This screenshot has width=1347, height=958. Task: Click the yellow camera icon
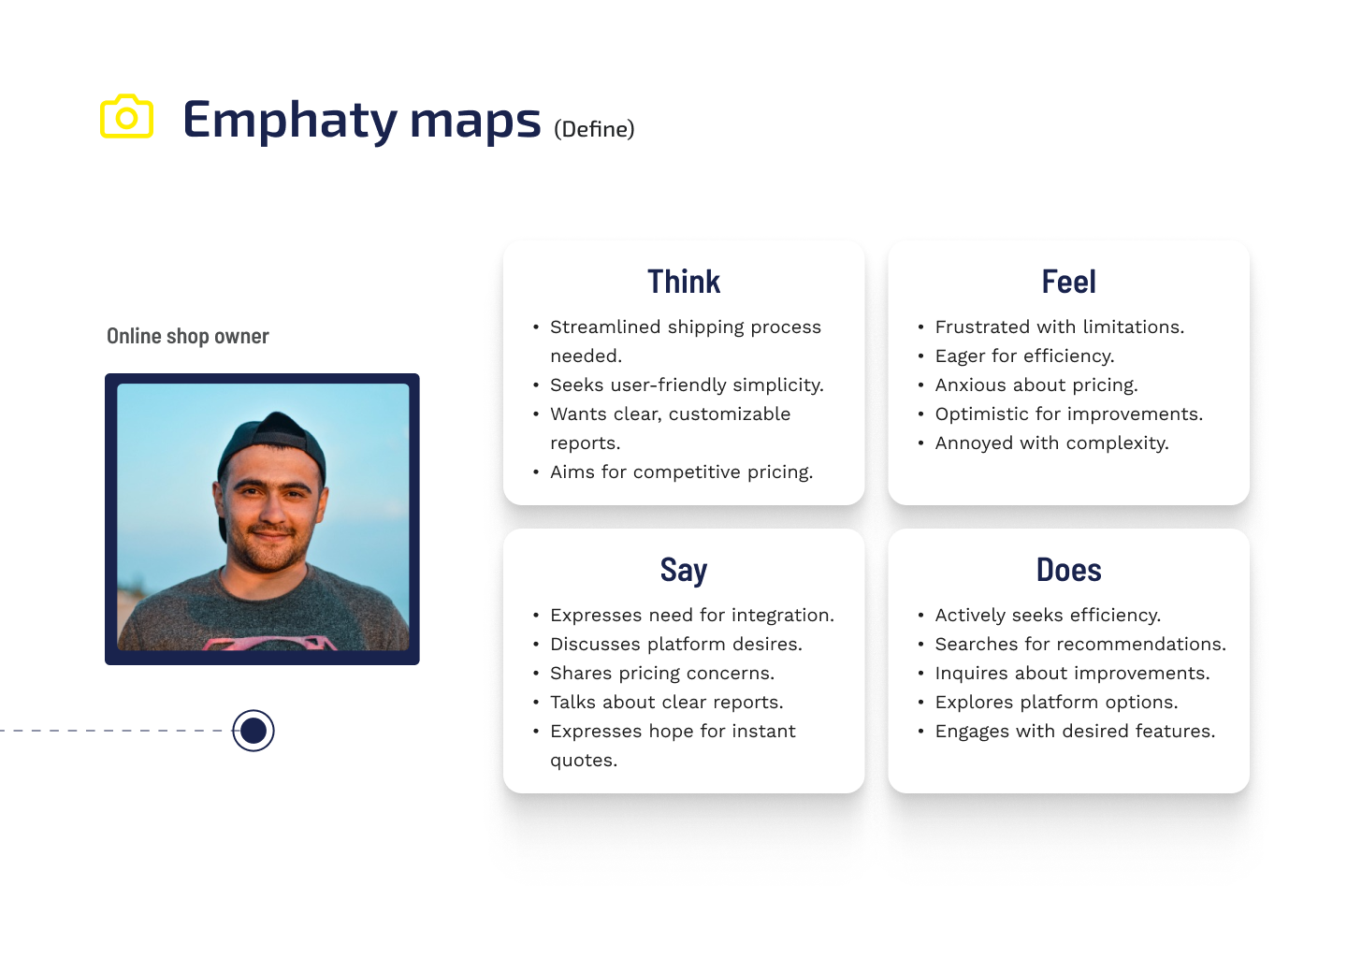click(126, 116)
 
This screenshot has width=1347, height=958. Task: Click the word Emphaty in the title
click(290, 121)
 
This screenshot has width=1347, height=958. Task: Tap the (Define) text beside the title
click(594, 129)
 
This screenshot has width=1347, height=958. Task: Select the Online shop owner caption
click(188, 336)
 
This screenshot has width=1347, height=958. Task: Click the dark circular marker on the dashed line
click(253, 731)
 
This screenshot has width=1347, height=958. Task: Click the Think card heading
click(684, 282)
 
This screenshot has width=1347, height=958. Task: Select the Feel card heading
click(1068, 282)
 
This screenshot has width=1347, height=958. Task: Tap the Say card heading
click(684, 570)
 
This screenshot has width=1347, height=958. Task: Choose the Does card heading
click(1068, 570)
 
